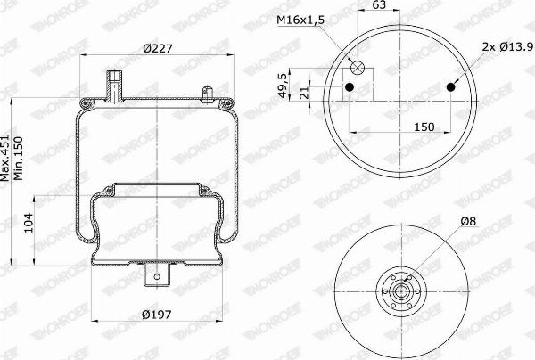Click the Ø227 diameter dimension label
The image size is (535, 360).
click(158, 48)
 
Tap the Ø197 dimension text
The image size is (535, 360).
click(157, 314)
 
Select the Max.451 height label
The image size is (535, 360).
click(4, 158)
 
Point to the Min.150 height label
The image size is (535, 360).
click(18, 159)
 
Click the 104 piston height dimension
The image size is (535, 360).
click(29, 223)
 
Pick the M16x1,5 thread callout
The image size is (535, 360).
click(300, 20)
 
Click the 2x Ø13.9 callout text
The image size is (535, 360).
click(508, 46)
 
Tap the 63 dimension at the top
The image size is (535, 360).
click(379, 4)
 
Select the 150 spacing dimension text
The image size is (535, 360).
click(424, 127)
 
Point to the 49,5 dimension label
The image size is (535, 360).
click(282, 86)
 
